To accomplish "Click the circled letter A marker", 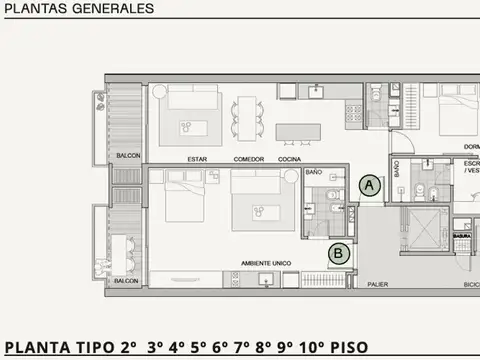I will coord(370,185).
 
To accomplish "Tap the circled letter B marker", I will coord(339,253).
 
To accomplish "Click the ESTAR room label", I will coord(197,160).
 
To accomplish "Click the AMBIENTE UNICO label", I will coord(265,262).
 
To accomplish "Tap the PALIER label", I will coord(377,283).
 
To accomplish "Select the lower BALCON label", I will coord(127,281).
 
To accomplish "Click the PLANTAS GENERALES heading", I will coord(79,8).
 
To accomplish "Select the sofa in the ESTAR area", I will coord(191,97).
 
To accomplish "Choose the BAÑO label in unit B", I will coord(314,172).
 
